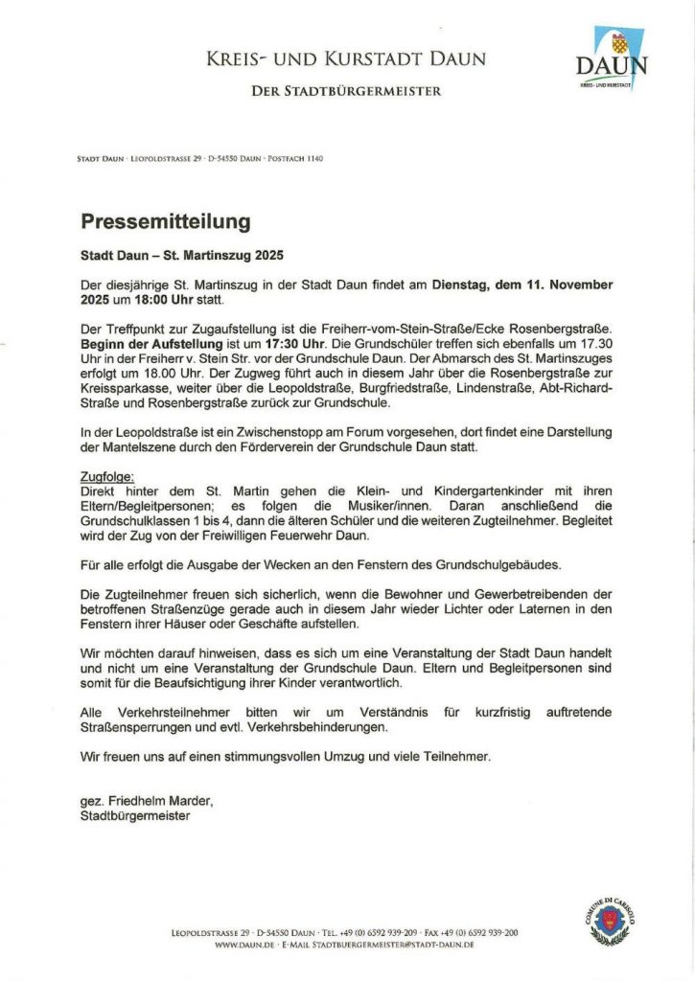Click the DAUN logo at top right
[612, 59]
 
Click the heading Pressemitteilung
[165, 222]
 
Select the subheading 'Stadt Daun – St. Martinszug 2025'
[182, 257]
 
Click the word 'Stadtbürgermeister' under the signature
[135, 815]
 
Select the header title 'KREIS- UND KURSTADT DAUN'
[345, 59]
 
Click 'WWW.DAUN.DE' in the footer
[245, 945]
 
